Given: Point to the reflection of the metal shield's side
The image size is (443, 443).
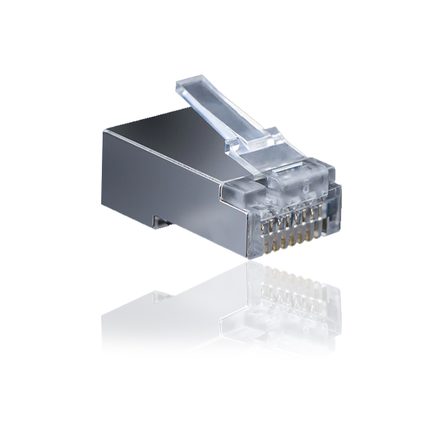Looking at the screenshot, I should (x=170, y=314).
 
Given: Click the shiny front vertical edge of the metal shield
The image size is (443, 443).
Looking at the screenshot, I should (x=248, y=221).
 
